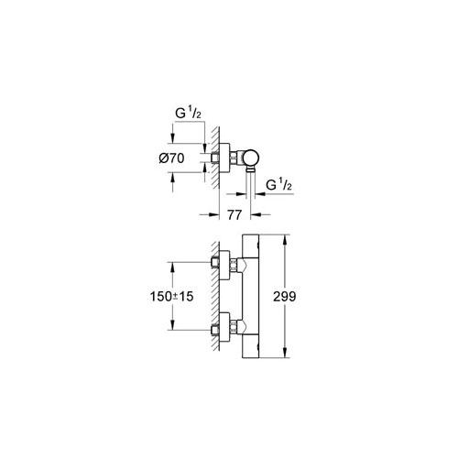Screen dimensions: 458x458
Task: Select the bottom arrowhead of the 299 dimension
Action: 290,357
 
